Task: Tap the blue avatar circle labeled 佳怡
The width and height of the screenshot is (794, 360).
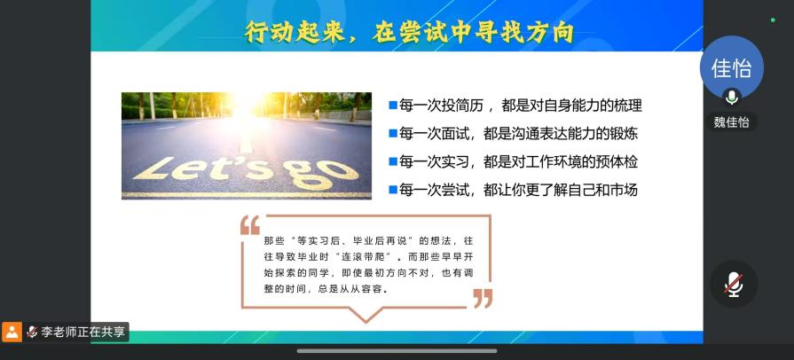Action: (732, 68)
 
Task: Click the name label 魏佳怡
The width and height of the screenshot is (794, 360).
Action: (732, 122)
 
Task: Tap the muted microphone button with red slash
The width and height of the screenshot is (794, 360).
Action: (734, 284)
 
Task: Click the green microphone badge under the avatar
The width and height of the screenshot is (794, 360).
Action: (732, 97)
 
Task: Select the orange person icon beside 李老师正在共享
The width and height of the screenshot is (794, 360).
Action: (12, 333)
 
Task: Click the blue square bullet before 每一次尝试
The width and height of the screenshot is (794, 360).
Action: (392, 190)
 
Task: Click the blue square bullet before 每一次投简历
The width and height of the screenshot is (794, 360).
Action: (392, 106)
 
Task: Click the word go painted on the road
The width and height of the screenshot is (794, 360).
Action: (321, 174)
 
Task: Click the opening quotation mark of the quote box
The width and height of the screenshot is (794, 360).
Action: (250, 225)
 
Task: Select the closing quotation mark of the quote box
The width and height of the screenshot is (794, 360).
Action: (483, 299)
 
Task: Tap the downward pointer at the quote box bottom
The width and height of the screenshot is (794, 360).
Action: (366, 315)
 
